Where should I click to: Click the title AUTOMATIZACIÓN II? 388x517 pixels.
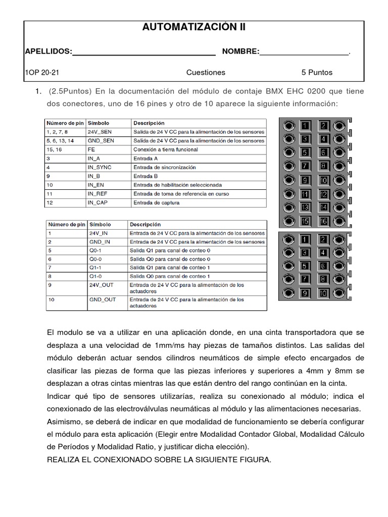coord(194,28)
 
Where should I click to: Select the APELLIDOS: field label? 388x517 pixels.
coord(48,51)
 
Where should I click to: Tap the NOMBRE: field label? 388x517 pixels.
coord(240,51)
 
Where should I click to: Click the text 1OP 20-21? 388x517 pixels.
coord(42,72)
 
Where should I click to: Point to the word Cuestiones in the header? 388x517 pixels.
coord(206,72)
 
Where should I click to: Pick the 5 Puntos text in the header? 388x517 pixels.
coord(317,72)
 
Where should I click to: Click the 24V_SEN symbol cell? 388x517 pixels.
coord(100,132)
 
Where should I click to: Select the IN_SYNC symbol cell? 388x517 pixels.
coord(100,167)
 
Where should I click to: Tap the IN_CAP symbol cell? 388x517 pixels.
coord(99,202)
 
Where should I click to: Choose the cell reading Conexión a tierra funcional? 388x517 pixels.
coord(166,149)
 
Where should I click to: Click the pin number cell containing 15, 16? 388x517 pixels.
coord(55,149)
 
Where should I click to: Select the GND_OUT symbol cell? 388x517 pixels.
coord(102,300)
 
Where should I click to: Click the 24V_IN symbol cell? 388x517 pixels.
coord(98,233)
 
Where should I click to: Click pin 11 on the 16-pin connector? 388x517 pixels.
coord(306,194)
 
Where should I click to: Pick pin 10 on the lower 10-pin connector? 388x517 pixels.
coord(324,293)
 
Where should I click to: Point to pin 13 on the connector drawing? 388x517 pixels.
coord(306,208)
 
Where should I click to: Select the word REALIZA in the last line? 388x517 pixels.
coord(64,460)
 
